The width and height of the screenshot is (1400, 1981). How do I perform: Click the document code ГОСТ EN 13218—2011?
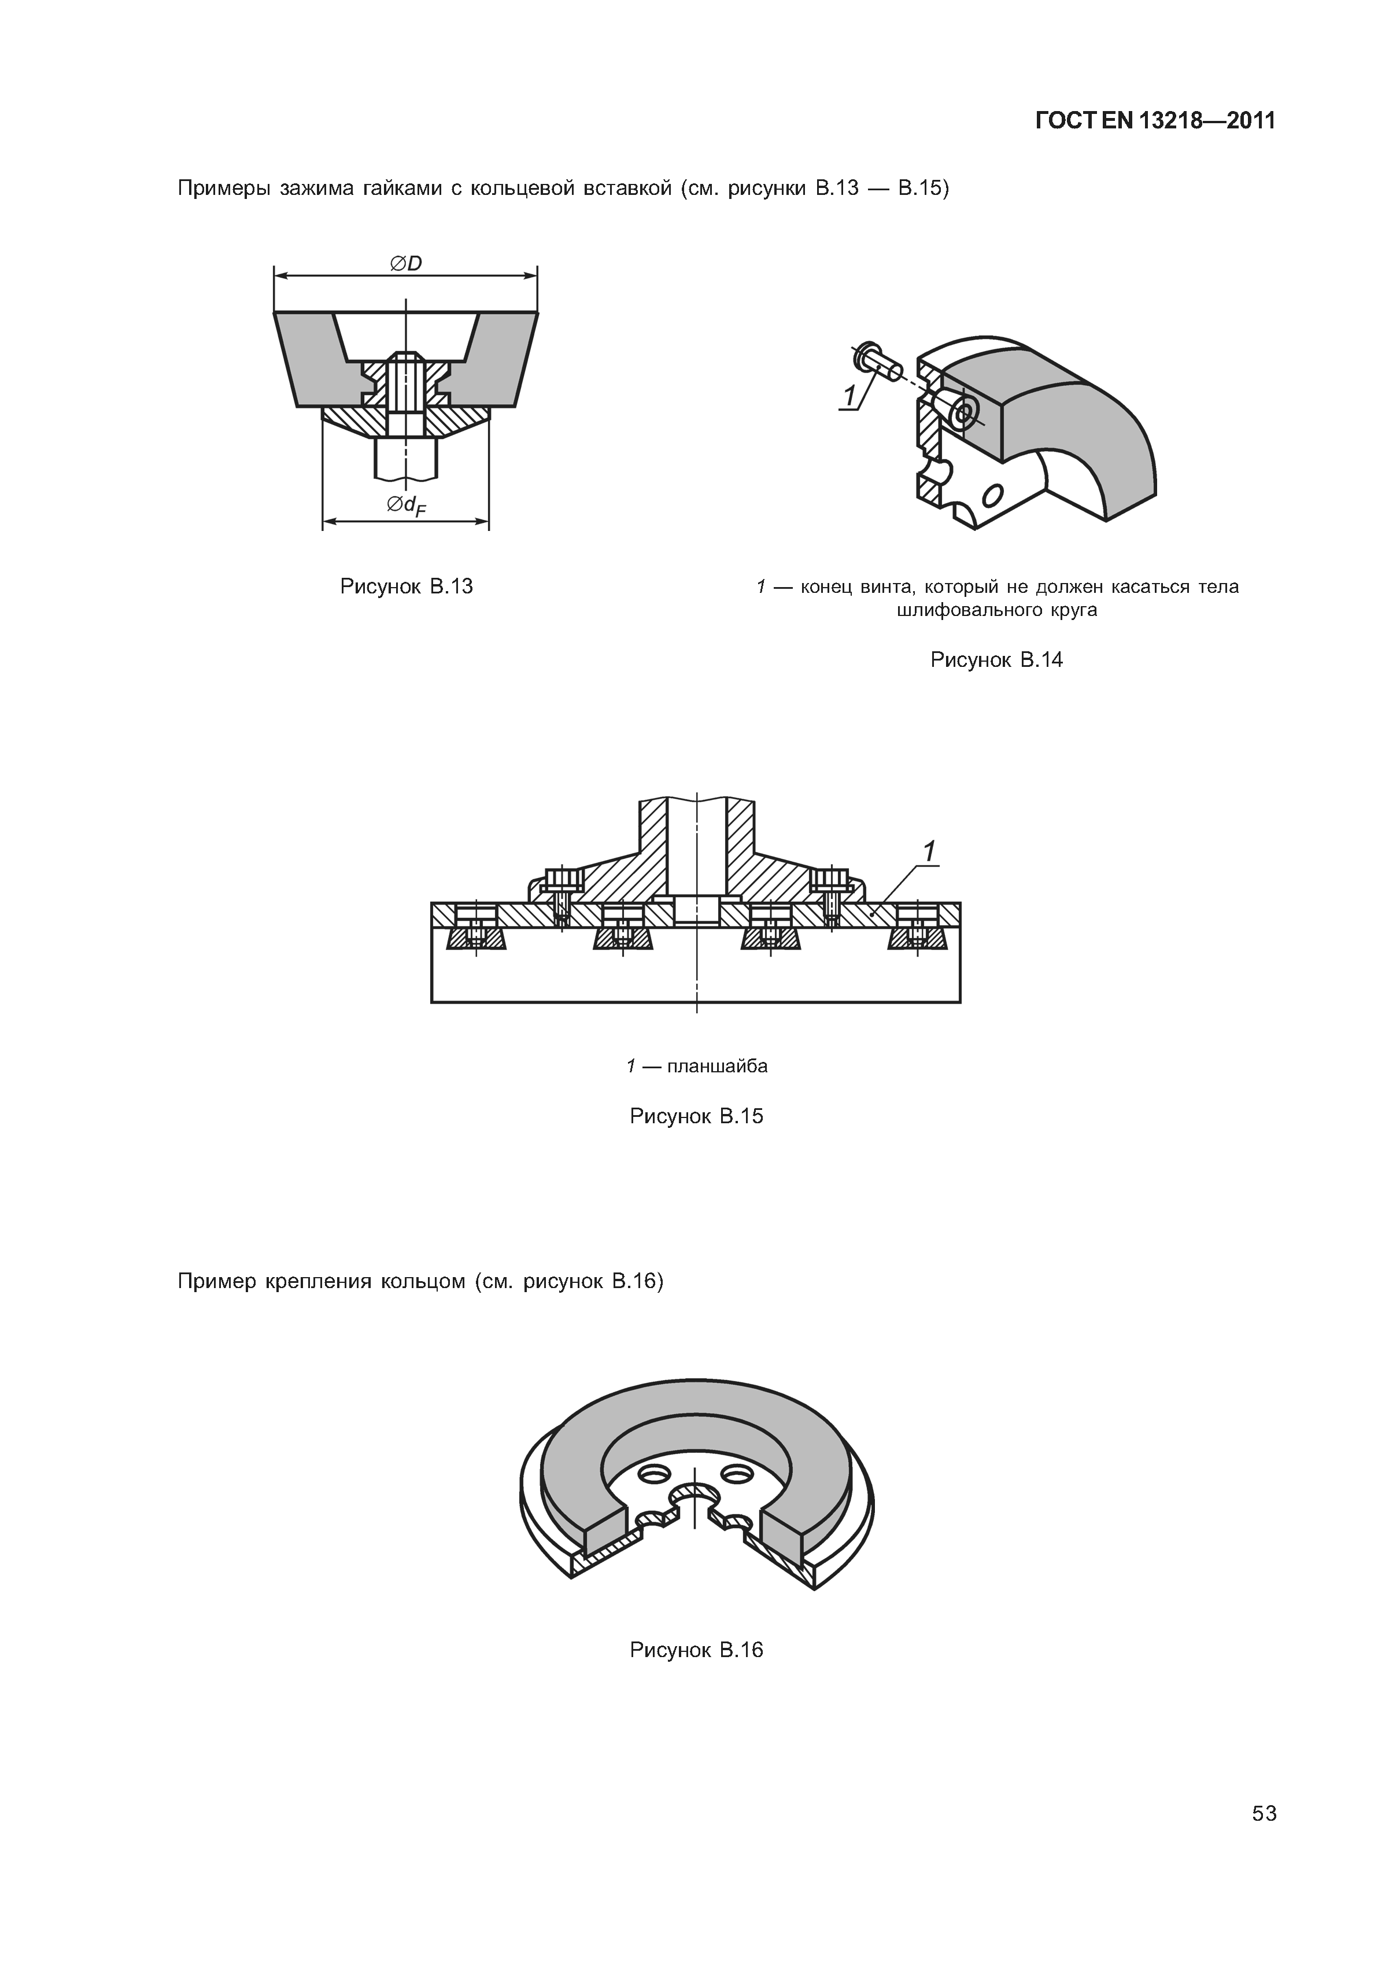click(x=1155, y=121)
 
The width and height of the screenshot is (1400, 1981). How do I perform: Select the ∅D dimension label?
click(x=405, y=263)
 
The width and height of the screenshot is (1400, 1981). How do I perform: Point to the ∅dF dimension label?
click(x=407, y=507)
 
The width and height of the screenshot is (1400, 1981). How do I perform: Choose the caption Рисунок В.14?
click(x=996, y=661)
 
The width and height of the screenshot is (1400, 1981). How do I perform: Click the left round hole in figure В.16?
click(x=653, y=1470)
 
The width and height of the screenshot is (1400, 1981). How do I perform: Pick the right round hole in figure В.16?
click(x=739, y=1470)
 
